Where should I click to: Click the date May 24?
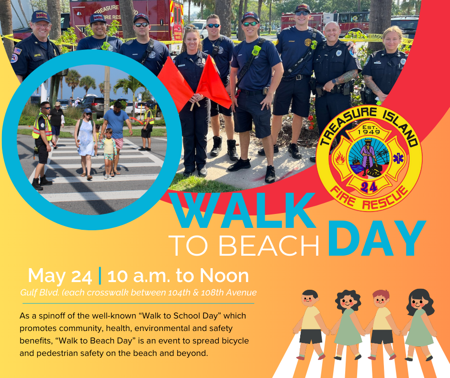point(59,276)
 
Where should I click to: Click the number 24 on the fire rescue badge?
point(369,187)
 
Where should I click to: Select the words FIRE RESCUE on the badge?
point(370,197)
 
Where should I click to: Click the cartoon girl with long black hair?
point(419,324)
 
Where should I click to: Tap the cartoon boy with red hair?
point(382,324)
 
